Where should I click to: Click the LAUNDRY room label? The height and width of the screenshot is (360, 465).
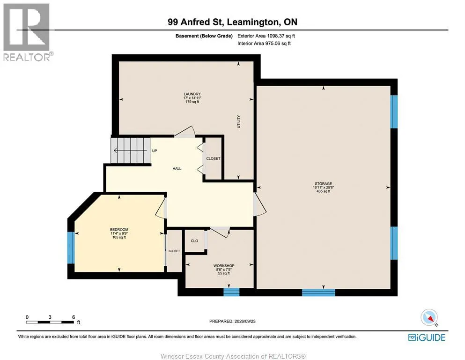click(x=192, y=94)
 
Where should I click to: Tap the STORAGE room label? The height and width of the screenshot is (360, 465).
click(x=323, y=184)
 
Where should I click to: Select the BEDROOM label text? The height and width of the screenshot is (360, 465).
click(x=119, y=229)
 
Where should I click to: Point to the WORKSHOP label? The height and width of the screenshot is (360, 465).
click(x=224, y=266)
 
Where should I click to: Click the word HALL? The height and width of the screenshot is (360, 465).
click(x=177, y=169)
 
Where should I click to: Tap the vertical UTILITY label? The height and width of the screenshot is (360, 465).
click(x=239, y=122)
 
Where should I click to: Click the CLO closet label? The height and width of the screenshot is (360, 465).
click(x=194, y=240)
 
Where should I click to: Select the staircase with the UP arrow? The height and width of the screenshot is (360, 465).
click(x=131, y=150)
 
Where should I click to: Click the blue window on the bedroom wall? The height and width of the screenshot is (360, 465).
click(x=71, y=247)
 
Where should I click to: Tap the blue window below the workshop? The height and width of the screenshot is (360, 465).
click(x=231, y=292)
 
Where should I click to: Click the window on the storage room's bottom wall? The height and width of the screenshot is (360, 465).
click(x=318, y=292)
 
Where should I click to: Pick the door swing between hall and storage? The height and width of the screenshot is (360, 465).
click(x=259, y=204)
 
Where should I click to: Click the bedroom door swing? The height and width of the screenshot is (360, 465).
click(x=161, y=208)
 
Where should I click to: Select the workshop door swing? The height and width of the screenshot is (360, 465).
click(x=220, y=232)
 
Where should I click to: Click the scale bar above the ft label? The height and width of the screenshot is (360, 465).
click(x=50, y=322)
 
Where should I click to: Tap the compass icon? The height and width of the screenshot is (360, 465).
click(x=429, y=317)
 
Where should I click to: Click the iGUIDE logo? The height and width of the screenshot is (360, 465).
click(x=427, y=337)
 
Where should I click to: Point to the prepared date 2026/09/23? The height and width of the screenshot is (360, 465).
click(x=245, y=321)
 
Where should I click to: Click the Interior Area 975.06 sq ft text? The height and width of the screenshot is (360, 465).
click(x=264, y=43)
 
